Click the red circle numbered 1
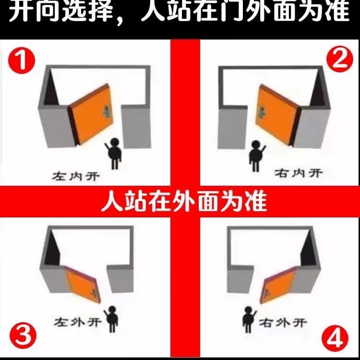pyautogui.click(x=21, y=60)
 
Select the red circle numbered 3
pyautogui.click(x=23, y=335)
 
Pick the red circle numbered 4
pyautogui.click(x=335, y=338)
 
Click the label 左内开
pyautogui.click(x=76, y=177)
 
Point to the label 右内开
pyautogui.click(x=298, y=173)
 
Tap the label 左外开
pyautogui.click(x=77, y=322)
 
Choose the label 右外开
pyautogui.click(x=283, y=323)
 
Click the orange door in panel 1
pyautogui.click(x=91, y=114)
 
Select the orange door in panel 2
pyautogui.click(x=278, y=115)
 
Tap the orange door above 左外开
pyautogui.click(x=83, y=284)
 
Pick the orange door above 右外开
pyautogui.click(x=278, y=285)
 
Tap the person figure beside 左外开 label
pyautogui.click(x=111, y=319)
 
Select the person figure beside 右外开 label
pyautogui.click(x=249, y=320)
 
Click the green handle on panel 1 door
pyautogui.click(x=107, y=111)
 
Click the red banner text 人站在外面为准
pyautogui.click(x=184, y=202)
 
